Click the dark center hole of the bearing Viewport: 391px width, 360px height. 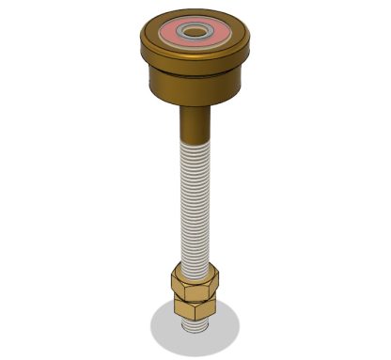click(x=196, y=32)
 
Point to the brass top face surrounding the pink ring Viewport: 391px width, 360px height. click(x=154, y=41)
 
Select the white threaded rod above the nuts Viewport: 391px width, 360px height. click(x=195, y=197)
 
